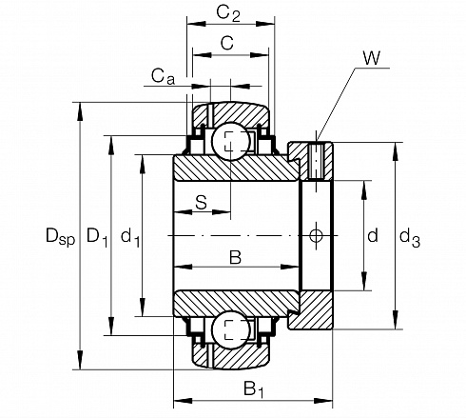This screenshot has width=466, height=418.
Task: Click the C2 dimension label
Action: (228, 13)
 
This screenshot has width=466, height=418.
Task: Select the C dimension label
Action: (227, 43)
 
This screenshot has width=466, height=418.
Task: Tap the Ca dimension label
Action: (163, 77)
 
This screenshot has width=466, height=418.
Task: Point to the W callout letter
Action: (372, 58)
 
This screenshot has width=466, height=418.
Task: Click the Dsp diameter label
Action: (61, 236)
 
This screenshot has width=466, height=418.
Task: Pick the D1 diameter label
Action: (97, 237)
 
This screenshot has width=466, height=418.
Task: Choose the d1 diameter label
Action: (130, 237)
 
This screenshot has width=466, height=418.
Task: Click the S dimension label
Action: (201, 202)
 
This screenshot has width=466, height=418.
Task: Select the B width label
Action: (236, 257)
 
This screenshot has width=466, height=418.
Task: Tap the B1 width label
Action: (254, 389)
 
